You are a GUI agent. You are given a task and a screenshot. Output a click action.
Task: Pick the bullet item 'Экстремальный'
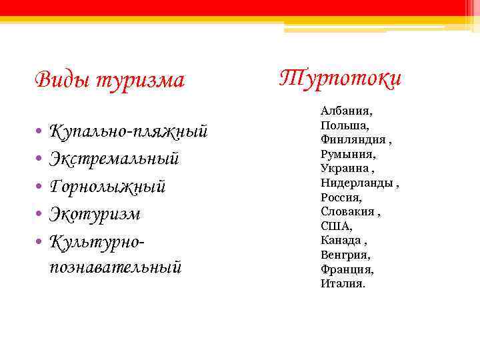coord(114,159)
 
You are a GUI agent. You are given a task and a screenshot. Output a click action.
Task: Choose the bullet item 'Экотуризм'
coord(95,214)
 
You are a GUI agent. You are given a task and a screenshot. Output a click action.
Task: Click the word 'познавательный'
coord(115,267)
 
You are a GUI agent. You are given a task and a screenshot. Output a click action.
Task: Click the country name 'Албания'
coord(346,111)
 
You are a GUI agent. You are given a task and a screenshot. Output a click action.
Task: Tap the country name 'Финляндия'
coord(353,139)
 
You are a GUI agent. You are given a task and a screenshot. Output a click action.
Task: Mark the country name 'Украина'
coord(344,168)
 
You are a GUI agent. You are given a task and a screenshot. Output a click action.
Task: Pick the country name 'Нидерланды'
coord(357,183)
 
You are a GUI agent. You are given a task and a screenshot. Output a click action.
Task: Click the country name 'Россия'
coord(341,197)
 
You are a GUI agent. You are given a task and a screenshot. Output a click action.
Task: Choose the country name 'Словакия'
coord(348,211)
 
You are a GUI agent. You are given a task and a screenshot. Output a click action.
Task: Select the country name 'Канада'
coord(341,240)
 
